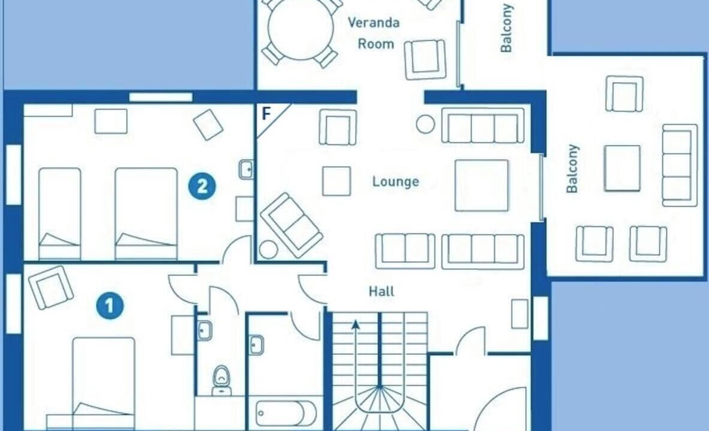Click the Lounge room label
pos(396,181)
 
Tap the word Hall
pos(381,292)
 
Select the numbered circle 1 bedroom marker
pos(110,306)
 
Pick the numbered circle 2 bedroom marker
pos(202,186)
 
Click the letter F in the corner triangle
pos(266,113)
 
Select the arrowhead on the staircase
pos(356,323)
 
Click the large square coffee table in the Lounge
pos(481,185)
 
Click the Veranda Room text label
pos(374,33)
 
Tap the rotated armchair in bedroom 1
pos(51,287)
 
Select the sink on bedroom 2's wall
pos(246,169)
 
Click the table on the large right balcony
pos(622,168)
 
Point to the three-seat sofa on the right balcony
pos(680,165)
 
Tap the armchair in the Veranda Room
pos(425,60)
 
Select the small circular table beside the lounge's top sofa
pos(425,124)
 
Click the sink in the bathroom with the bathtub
pos(256,345)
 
